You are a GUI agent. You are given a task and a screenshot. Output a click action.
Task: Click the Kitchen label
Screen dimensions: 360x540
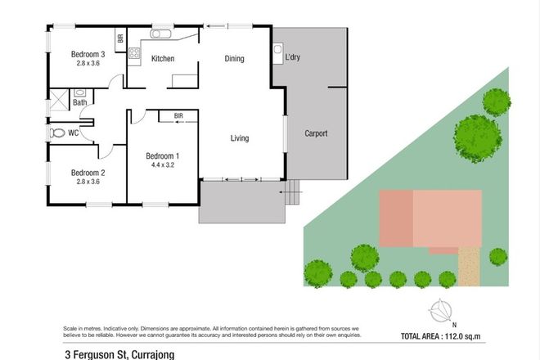tap(164, 59)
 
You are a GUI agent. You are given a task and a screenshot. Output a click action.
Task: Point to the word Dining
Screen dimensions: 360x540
tap(236, 58)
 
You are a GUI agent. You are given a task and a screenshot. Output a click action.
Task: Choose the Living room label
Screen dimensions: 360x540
tap(239, 137)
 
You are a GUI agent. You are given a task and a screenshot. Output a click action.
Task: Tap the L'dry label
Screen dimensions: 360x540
tap(293, 57)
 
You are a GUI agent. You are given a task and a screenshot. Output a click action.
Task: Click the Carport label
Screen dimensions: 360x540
tap(316, 133)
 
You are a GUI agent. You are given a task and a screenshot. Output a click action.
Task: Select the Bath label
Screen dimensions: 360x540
tap(79, 102)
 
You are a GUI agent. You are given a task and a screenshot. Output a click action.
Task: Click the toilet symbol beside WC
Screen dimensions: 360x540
tap(56, 133)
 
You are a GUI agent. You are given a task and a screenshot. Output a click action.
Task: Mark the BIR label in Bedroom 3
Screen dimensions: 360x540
tap(119, 38)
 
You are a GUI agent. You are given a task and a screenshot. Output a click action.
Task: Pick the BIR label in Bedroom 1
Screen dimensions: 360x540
tap(178, 116)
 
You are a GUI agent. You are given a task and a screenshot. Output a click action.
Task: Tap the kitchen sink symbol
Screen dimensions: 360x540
tap(161, 35)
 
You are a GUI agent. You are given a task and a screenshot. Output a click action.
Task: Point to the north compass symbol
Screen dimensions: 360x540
tap(442, 310)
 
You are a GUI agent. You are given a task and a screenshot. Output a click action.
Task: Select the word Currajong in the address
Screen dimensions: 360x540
tap(148, 353)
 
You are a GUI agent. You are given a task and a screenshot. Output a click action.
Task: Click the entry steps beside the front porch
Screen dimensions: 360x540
tap(293, 195)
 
